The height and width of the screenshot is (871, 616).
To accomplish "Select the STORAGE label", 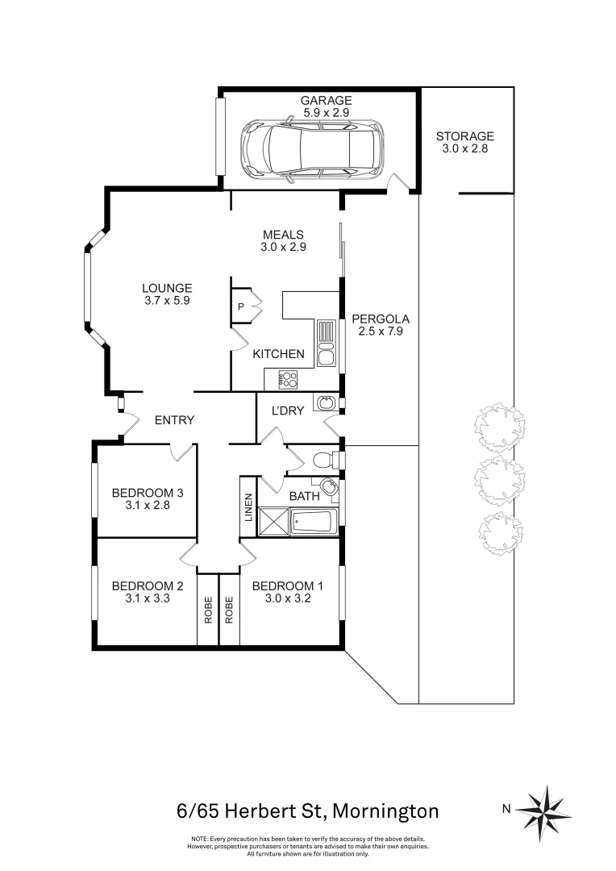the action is click(464, 136).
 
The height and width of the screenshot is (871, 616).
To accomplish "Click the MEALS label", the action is click(282, 235).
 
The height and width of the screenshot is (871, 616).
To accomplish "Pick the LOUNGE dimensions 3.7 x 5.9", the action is click(167, 301).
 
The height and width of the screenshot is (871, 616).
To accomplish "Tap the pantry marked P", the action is click(241, 306).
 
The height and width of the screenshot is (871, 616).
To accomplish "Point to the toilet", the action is click(323, 461).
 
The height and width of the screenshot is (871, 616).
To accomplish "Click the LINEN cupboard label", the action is click(249, 506).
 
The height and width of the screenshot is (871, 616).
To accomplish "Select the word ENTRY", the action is click(174, 419).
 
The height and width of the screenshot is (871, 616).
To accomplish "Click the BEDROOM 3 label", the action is click(143, 493).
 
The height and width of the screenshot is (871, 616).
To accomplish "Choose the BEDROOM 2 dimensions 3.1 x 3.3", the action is click(143, 599).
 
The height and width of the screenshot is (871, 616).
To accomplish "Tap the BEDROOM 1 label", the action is click(288, 586).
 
